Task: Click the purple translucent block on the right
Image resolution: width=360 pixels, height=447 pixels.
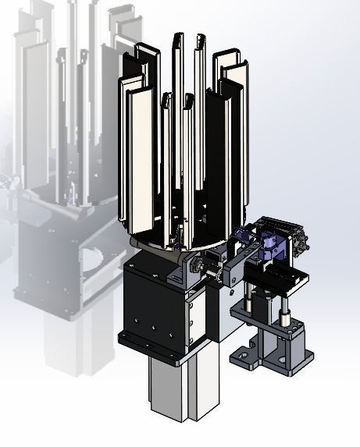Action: tap(272, 248)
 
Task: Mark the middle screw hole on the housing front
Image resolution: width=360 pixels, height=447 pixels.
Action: tap(155, 328)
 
